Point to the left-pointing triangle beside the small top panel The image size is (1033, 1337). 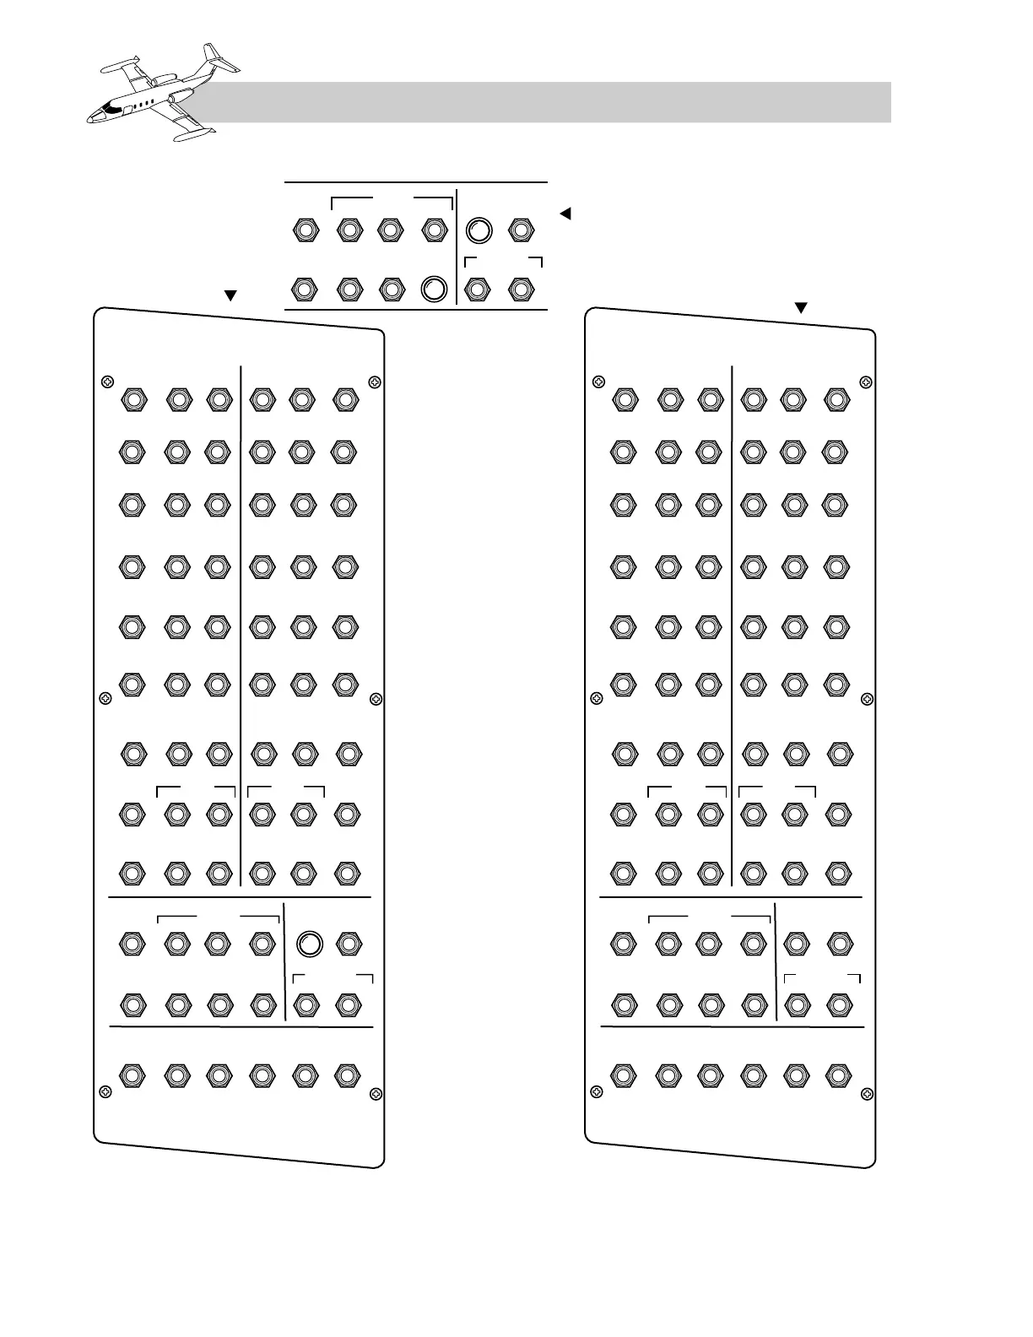(x=565, y=214)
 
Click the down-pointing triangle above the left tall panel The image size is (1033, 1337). (x=228, y=296)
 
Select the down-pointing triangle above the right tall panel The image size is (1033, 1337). (x=802, y=308)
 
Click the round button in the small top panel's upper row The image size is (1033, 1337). (x=479, y=230)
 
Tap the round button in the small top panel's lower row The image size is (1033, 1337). (x=433, y=289)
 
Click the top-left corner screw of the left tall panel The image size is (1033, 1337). (x=105, y=382)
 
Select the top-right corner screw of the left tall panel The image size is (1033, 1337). (x=376, y=383)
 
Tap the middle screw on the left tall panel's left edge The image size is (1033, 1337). (x=105, y=698)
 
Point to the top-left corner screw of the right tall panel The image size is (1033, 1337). (x=598, y=382)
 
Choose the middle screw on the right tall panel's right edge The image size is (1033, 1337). (x=868, y=699)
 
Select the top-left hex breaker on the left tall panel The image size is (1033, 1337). (x=133, y=399)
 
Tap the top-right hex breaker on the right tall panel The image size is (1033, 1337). (x=836, y=399)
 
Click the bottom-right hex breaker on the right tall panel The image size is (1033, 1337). (x=837, y=1075)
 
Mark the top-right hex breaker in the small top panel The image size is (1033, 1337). (x=521, y=230)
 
